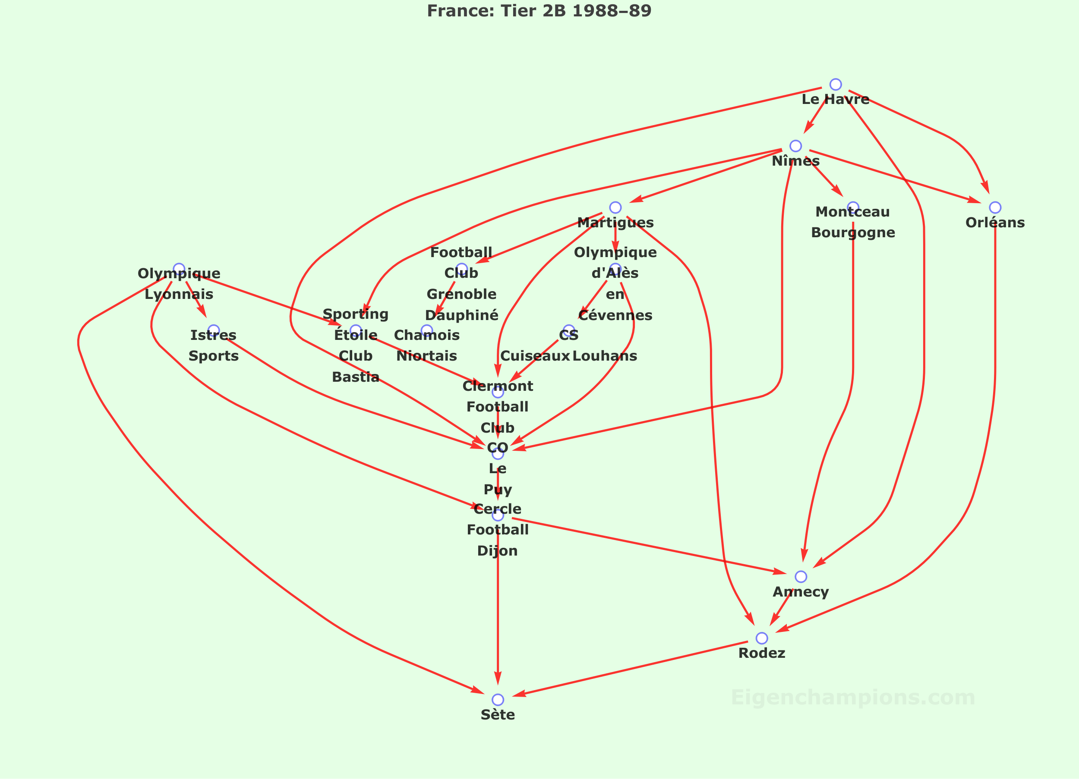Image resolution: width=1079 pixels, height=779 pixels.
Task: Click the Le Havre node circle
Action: (x=836, y=85)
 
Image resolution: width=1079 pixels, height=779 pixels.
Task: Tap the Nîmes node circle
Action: (x=795, y=146)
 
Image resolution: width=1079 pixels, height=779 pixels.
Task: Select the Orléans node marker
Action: (x=995, y=207)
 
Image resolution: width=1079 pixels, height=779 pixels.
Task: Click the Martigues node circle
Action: (x=615, y=207)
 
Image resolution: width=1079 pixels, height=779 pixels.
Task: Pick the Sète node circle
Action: (x=498, y=700)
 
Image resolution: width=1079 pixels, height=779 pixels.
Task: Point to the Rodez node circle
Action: (x=762, y=638)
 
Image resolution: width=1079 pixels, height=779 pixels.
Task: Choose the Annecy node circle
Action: (x=801, y=577)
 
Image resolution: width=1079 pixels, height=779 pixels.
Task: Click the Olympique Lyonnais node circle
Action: (x=179, y=269)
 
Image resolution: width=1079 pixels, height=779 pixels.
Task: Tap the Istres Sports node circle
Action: (x=214, y=330)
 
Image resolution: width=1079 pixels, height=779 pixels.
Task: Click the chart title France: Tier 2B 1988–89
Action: (x=539, y=10)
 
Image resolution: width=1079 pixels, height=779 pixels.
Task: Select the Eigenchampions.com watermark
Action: (x=853, y=697)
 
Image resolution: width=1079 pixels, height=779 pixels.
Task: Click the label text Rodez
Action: (x=762, y=653)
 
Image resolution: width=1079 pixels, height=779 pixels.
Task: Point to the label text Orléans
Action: (x=995, y=222)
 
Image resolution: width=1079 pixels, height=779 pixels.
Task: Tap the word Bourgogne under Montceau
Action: (x=853, y=232)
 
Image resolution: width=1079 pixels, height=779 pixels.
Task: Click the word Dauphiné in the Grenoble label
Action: (x=461, y=315)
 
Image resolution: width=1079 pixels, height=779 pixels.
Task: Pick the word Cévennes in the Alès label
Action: (x=615, y=315)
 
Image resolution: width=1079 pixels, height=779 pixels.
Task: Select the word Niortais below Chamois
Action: (x=427, y=356)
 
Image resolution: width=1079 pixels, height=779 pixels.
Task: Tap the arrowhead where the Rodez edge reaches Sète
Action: (x=518, y=694)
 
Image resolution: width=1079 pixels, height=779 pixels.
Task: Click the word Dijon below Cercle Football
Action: (x=498, y=551)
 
